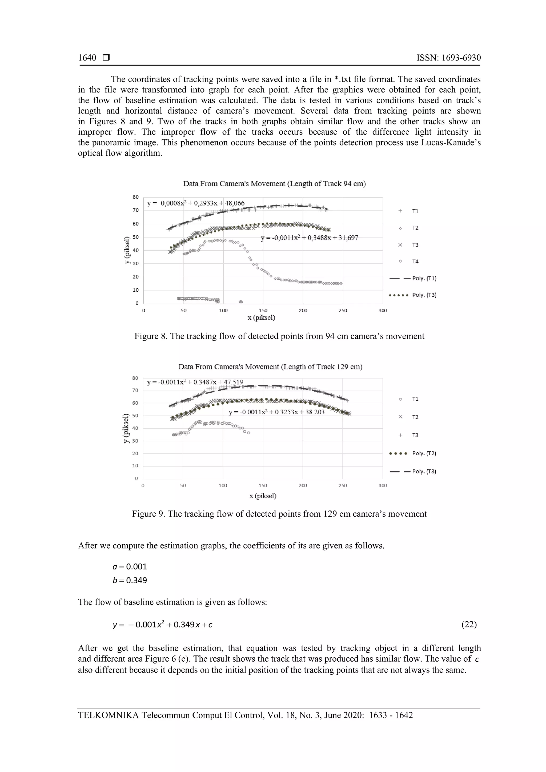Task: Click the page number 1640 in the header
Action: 87,58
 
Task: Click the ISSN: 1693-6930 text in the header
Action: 448,58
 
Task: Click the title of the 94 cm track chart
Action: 274,184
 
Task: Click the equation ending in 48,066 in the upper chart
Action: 196,203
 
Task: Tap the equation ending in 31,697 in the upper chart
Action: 309,238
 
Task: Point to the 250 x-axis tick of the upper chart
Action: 343,311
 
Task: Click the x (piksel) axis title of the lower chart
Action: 263,496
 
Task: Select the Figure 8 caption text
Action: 279,336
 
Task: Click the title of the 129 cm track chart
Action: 270,367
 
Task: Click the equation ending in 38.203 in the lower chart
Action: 276,412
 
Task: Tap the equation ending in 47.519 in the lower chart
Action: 195,383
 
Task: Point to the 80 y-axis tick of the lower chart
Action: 135,378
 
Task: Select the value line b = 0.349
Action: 130,580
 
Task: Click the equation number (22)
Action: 469,624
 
